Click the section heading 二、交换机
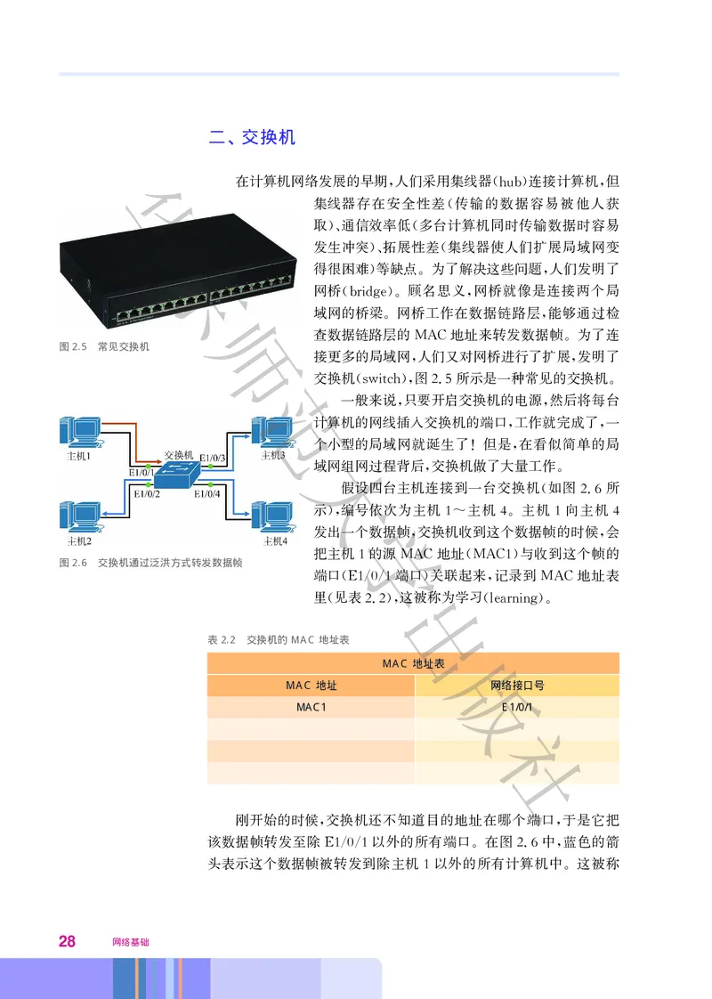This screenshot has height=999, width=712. tap(251, 137)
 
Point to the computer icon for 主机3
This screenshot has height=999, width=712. tap(271, 431)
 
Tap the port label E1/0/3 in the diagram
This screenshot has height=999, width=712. tap(214, 458)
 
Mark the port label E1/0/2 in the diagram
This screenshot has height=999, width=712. tap(146, 494)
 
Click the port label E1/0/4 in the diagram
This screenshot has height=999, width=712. tap(206, 494)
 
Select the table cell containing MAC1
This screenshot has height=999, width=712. tap(311, 707)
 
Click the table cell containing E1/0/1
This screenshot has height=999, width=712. tap(517, 707)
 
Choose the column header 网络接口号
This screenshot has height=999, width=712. tap(517, 686)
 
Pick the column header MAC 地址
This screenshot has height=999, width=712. tap(311, 686)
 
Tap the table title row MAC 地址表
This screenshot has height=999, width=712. tap(413, 663)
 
